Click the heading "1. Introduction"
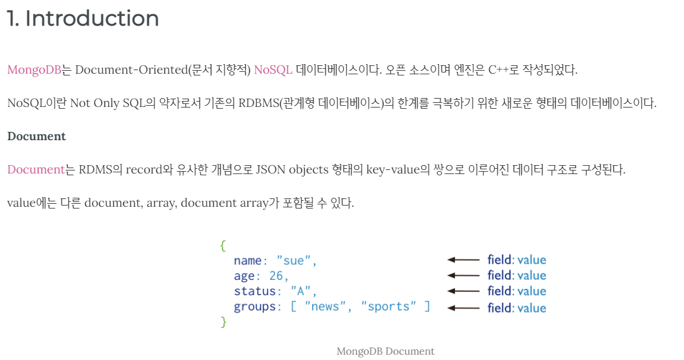[x=83, y=19]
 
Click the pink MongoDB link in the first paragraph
[x=34, y=70]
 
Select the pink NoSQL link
[x=273, y=70]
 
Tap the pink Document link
[x=36, y=170]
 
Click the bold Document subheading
[x=36, y=137]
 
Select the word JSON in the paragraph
[x=271, y=170]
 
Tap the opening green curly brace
[x=223, y=245]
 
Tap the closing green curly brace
[x=223, y=322]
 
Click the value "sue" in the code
[x=297, y=261]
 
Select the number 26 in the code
[x=277, y=276]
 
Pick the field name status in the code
[x=255, y=292]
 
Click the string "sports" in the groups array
[x=389, y=307]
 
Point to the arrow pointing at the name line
[x=463, y=260]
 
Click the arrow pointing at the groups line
[x=463, y=308]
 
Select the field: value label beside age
[x=517, y=276]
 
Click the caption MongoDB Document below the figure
[x=385, y=351]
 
